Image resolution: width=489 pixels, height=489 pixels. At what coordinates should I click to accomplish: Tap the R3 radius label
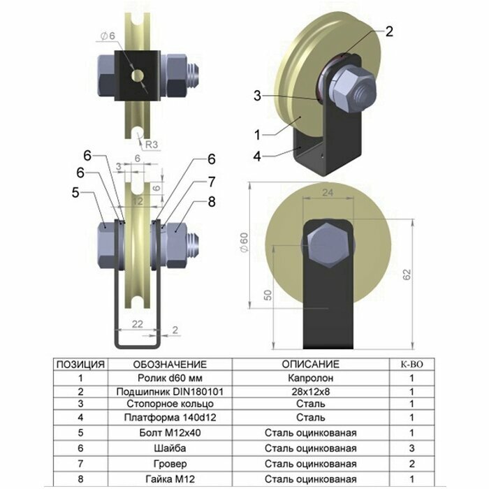(x=150, y=145)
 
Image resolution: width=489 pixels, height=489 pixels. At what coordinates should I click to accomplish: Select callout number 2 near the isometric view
(x=389, y=30)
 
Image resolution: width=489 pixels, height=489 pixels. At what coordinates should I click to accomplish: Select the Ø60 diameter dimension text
(x=244, y=240)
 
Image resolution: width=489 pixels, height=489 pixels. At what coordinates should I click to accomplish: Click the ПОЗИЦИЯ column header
(x=80, y=364)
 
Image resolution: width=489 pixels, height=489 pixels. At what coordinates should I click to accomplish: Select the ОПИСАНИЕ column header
(x=310, y=364)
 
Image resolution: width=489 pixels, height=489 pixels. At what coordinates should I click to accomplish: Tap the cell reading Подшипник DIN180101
(x=170, y=391)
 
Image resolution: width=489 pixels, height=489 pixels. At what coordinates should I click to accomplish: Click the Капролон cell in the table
(x=310, y=378)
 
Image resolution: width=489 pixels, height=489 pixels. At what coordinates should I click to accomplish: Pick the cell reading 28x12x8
(x=310, y=391)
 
